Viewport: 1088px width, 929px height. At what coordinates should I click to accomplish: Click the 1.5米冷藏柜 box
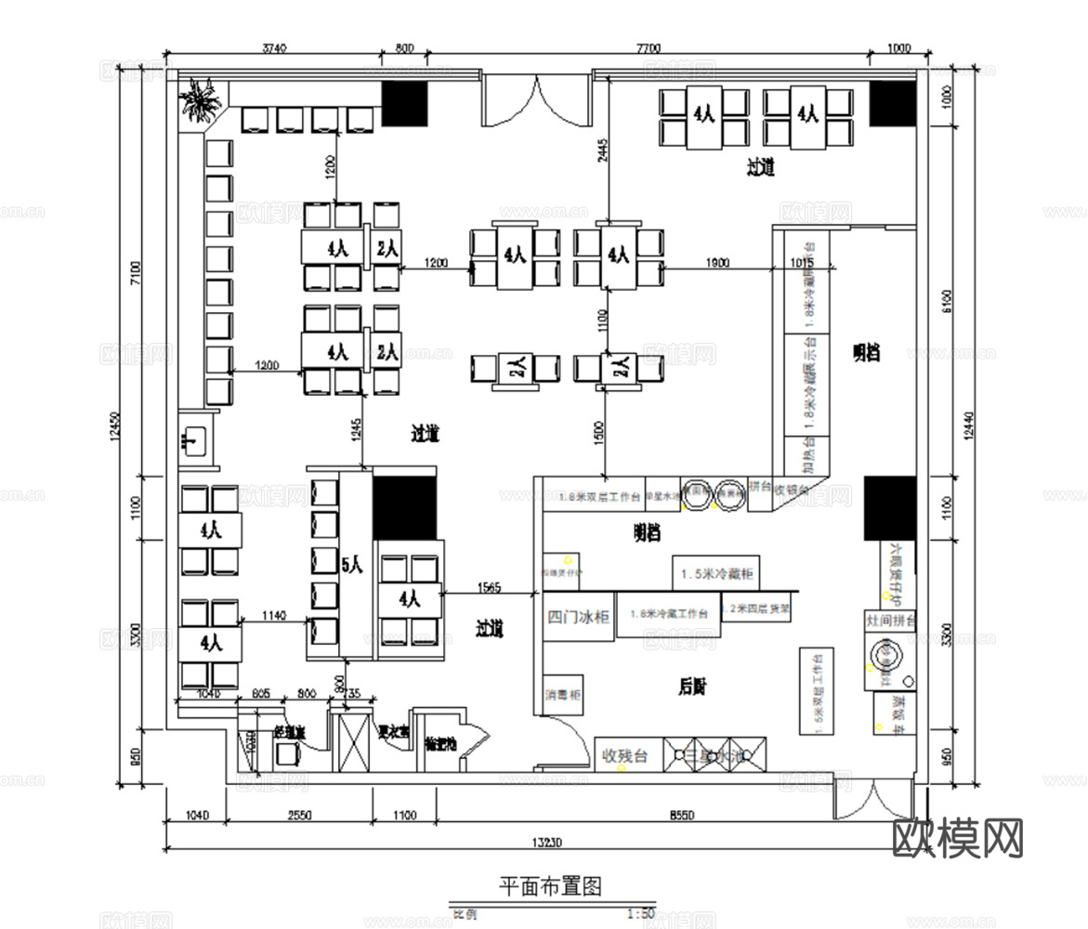(x=717, y=573)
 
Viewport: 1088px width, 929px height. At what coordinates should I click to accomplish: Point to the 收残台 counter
(x=626, y=754)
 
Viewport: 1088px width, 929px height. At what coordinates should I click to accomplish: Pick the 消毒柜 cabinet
(x=563, y=695)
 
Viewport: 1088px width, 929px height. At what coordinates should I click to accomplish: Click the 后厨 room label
(x=692, y=687)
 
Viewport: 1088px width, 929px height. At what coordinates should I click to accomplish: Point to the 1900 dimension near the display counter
(x=717, y=263)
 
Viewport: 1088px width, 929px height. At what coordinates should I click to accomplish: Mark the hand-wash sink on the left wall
(x=196, y=439)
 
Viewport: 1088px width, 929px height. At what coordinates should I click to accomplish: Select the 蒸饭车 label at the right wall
(x=896, y=712)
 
